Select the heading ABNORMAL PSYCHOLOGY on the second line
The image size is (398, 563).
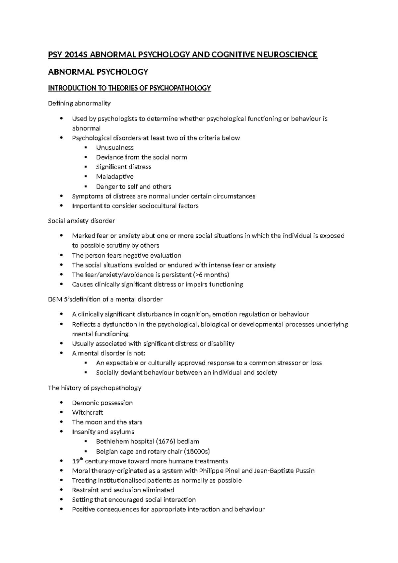(x=98, y=72)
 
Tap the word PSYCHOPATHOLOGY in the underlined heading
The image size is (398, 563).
(x=180, y=88)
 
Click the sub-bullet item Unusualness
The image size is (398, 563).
(x=115, y=147)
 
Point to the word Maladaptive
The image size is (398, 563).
(x=115, y=176)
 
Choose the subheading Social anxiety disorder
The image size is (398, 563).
(x=81, y=221)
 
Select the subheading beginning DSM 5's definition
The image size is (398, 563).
(x=105, y=299)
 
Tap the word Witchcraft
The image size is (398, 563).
(x=88, y=412)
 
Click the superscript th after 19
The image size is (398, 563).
(x=82, y=459)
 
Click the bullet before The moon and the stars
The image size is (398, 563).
(x=61, y=422)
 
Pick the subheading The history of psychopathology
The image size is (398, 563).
(x=95, y=388)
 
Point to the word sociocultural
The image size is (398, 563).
(x=154, y=206)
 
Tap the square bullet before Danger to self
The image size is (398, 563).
(x=86, y=186)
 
